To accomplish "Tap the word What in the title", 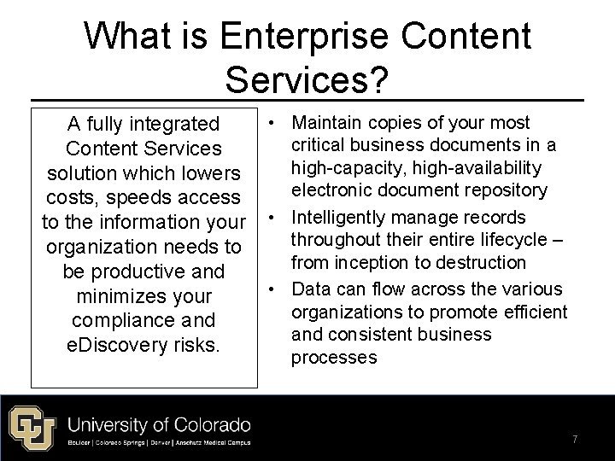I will click(x=125, y=37).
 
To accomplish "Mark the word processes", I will click(x=334, y=357).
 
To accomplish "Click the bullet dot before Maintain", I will click(x=271, y=124).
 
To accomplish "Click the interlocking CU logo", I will click(x=32, y=424).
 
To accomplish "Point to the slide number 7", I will click(x=575, y=439).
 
